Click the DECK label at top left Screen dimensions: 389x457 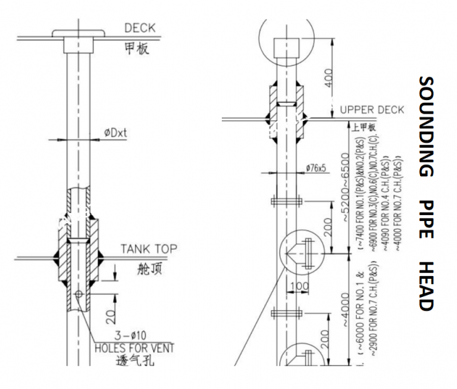(140, 28)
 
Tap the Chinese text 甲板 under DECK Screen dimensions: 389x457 (137, 48)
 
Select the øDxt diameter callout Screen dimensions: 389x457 (116, 133)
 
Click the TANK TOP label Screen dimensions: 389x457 (149, 249)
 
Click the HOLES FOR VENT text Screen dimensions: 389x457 (134, 347)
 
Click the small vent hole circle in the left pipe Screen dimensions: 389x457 (80, 294)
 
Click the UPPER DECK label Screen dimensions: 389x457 (372, 110)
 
